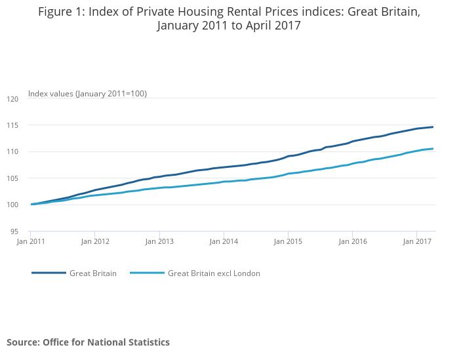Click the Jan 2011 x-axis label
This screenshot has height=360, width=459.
31,242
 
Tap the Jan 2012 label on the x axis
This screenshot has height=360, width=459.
95,242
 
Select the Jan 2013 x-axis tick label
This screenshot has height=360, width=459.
159,242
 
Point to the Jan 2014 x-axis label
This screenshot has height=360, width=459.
224,242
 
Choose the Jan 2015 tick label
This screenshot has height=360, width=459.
288,242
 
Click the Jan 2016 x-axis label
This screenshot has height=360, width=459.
352,242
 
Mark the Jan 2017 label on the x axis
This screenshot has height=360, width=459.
416,242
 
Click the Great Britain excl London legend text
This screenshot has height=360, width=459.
214,273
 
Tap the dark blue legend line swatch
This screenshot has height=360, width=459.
49,273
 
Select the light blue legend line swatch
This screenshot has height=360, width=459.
147,273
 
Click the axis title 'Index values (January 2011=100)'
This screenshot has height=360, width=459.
87,94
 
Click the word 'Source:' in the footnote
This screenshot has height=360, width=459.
24,342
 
